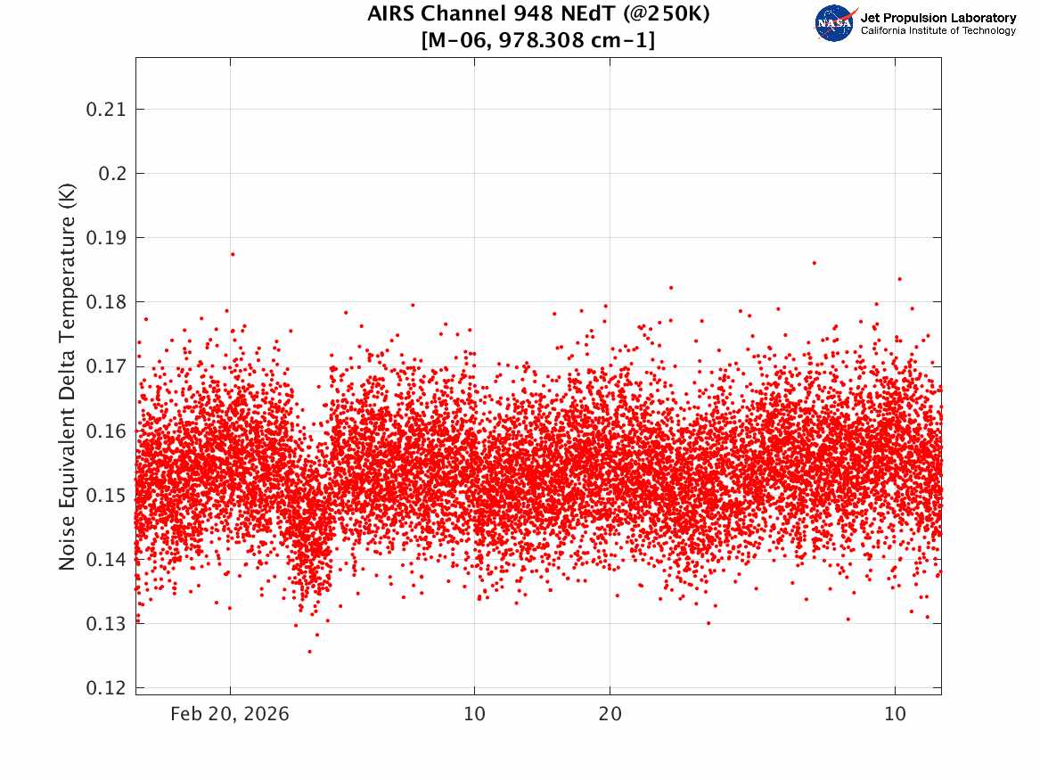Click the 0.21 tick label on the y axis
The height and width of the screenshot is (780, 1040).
pyautogui.click(x=106, y=110)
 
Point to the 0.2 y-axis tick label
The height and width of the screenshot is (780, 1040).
pyautogui.click(x=113, y=174)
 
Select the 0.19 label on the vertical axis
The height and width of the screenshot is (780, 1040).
pyautogui.click(x=106, y=238)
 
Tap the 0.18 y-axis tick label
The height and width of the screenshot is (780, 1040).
pyautogui.click(x=106, y=302)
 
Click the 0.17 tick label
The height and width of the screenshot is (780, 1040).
pyautogui.click(x=106, y=366)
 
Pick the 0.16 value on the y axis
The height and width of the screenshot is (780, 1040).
pyautogui.click(x=106, y=431)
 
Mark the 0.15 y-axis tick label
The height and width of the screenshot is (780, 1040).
pyautogui.click(x=106, y=496)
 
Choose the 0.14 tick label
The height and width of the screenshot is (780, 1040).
pyautogui.click(x=106, y=560)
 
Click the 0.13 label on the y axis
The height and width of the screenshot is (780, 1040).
pyautogui.click(x=106, y=624)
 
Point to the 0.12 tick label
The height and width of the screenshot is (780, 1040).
pyautogui.click(x=106, y=688)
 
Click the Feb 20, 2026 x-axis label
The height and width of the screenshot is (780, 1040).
pyautogui.click(x=230, y=714)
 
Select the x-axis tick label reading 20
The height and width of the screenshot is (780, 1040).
pyautogui.click(x=610, y=714)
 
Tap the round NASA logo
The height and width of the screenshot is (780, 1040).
pyautogui.click(x=834, y=24)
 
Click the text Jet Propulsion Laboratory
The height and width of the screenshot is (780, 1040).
pyautogui.click(x=938, y=18)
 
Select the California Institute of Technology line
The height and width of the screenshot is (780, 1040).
pyautogui.click(x=938, y=30)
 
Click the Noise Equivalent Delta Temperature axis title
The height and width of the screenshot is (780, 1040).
pyautogui.click(x=67, y=377)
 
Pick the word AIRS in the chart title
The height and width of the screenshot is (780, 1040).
pyautogui.click(x=391, y=13)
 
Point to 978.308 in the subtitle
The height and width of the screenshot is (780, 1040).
pyautogui.click(x=541, y=40)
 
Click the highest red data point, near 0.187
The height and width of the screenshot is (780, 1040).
pyautogui.click(x=232, y=254)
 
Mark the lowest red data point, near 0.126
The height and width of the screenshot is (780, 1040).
pyautogui.click(x=310, y=652)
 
